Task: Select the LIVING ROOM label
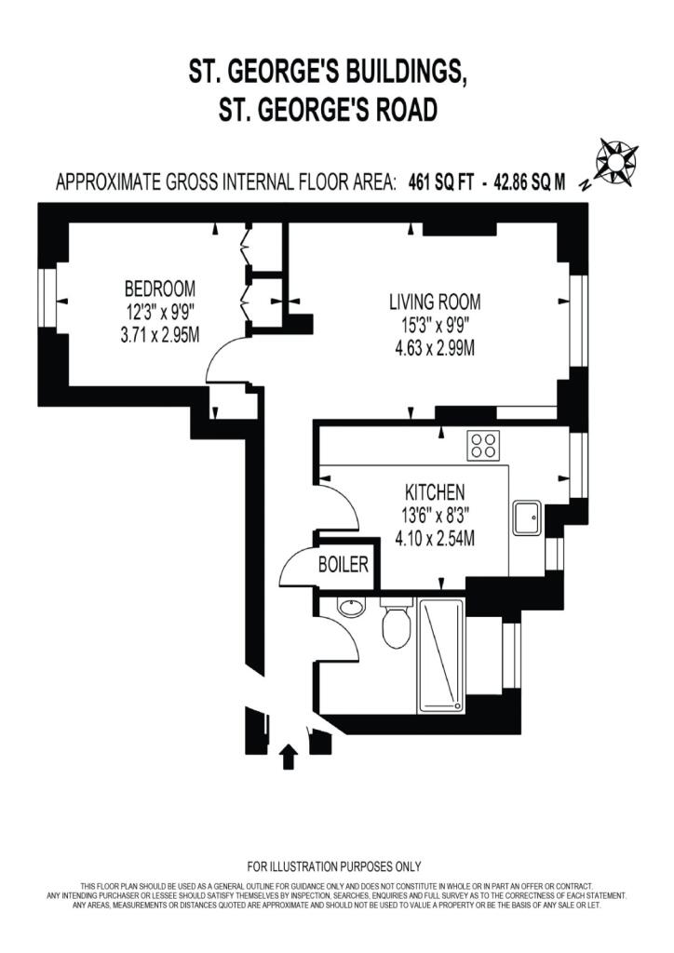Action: (435, 302)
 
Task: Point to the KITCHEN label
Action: (434, 491)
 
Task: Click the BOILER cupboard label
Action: (344, 564)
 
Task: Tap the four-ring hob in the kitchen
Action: (483, 445)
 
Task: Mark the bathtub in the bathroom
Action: (441, 657)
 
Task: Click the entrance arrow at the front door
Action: (288, 756)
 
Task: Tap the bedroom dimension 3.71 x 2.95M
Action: (160, 334)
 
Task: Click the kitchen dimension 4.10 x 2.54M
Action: (434, 537)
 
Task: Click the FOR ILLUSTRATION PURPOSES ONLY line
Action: (333, 866)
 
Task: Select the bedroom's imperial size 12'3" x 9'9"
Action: (160, 311)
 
